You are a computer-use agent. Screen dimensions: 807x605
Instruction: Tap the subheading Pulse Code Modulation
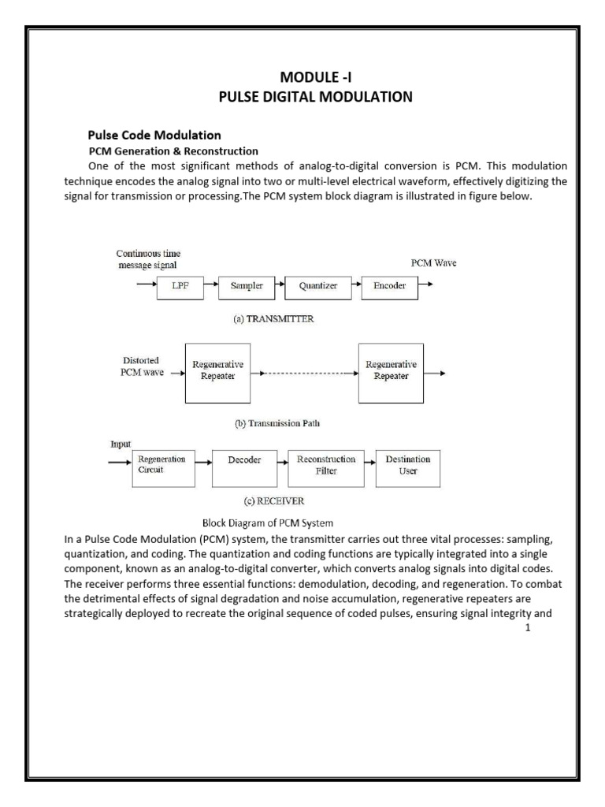154,136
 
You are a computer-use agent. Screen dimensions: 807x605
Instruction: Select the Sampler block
247,287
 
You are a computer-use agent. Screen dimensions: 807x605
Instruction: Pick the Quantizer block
317,287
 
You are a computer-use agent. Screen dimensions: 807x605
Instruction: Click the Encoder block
388,287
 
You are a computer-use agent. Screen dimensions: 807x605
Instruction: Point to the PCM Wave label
433,263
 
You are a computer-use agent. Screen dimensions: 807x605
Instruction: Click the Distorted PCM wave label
141,366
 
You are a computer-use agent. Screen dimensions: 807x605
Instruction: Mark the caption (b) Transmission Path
277,423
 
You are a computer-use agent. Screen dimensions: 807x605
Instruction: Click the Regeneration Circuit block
161,465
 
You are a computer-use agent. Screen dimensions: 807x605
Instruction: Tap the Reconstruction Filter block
326,465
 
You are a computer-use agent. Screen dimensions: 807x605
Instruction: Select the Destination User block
408,465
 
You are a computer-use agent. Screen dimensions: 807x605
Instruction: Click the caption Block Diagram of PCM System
268,523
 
